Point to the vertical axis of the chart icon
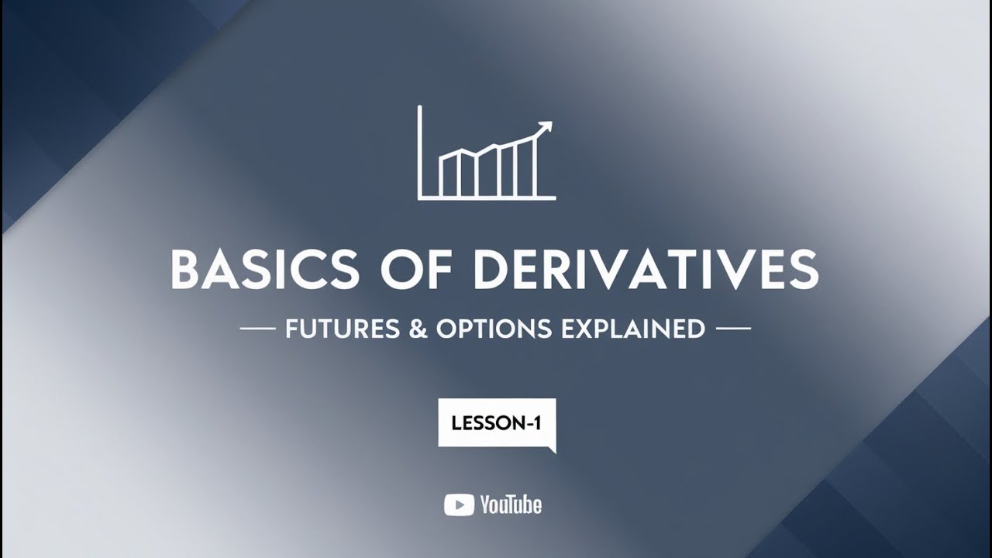(419, 152)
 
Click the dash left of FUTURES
(258, 329)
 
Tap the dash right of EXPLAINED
(733, 329)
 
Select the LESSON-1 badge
(497, 423)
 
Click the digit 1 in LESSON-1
(536, 423)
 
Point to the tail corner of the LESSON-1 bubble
(553, 450)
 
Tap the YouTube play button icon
(459, 505)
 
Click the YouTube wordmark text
(511, 505)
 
